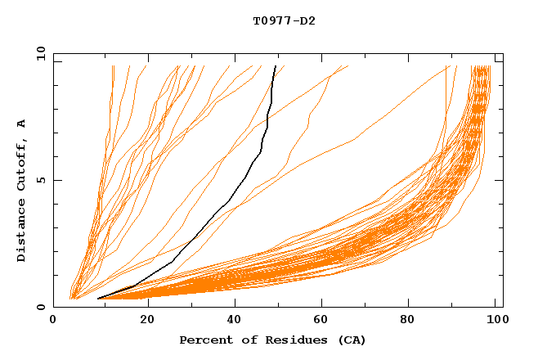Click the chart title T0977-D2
(x=284, y=20)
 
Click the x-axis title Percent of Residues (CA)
(x=272, y=340)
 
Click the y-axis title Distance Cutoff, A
(x=22, y=191)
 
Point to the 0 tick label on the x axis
(x=53, y=322)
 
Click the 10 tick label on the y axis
(x=39, y=53)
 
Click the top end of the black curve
(x=276, y=66)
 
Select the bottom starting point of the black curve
(x=98, y=299)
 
